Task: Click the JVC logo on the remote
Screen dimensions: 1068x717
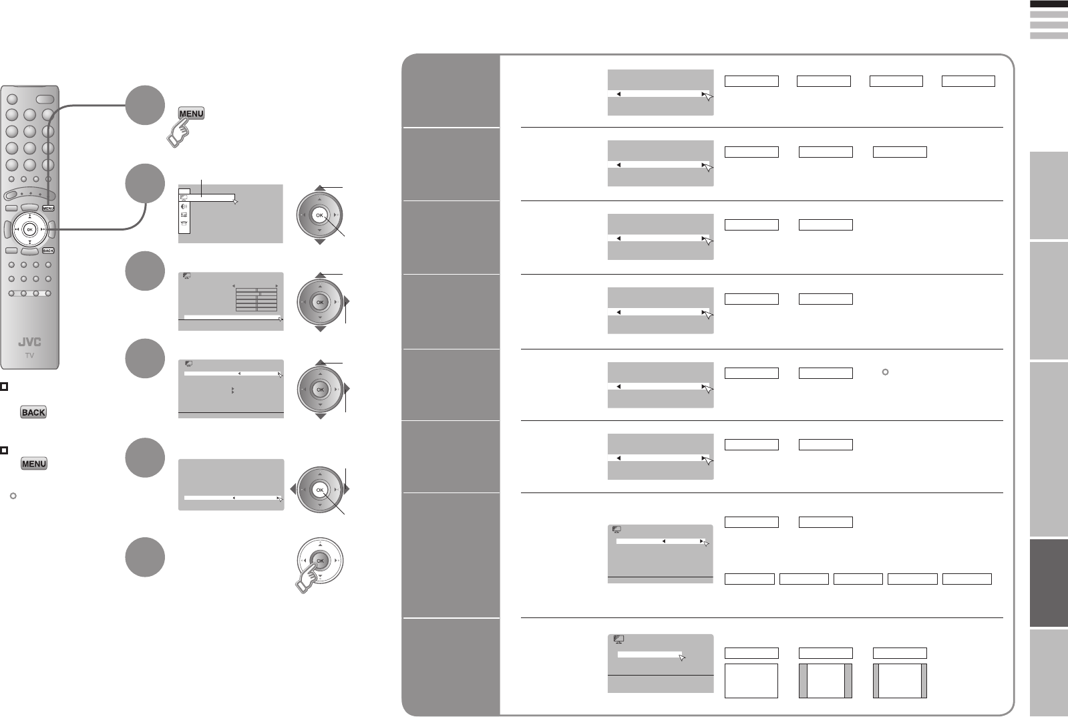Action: pyautogui.click(x=29, y=342)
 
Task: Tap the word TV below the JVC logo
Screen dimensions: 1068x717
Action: pyautogui.click(x=29, y=355)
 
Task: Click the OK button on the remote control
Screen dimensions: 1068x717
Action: pyautogui.click(x=29, y=229)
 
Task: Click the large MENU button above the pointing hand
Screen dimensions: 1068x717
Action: pyautogui.click(x=191, y=114)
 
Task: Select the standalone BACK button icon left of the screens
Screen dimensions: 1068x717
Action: pyautogui.click(x=33, y=412)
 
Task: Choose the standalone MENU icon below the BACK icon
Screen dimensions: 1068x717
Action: pyautogui.click(x=34, y=464)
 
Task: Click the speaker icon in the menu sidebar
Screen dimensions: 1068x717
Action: pyautogui.click(x=184, y=206)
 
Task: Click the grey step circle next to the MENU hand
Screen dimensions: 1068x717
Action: pyautogui.click(x=145, y=105)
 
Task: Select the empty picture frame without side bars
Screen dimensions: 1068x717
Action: pyautogui.click(x=751, y=680)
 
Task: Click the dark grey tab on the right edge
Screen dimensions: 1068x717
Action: pyautogui.click(x=1049, y=583)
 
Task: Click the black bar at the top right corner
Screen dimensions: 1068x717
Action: pyautogui.click(x=1049, y=4)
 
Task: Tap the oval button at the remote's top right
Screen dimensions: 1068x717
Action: pyautogui.click(x=45, y=99)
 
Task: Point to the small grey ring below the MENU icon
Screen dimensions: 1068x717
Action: pyautogui.click(x=13, y=496)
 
